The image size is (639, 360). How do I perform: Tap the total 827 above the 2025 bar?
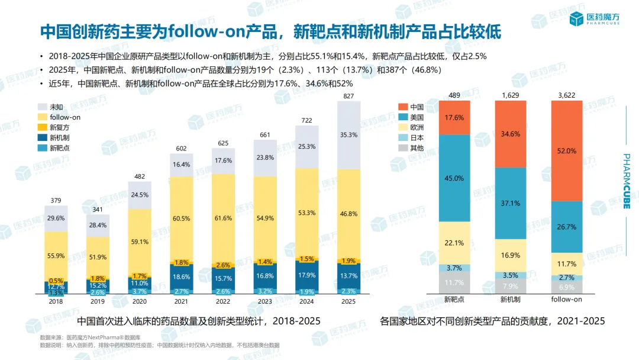[348, 96]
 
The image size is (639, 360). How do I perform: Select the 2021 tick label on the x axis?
[182, 300]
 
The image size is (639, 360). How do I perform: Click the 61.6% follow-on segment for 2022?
[224, 218]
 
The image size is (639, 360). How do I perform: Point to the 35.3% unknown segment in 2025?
[348, 135]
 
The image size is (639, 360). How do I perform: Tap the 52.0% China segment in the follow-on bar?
[567, 151]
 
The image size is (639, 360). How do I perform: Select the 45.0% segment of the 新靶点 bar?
[454, 178]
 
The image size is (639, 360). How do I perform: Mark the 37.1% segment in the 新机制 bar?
[510, 203]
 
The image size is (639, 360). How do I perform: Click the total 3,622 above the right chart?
[567, 95]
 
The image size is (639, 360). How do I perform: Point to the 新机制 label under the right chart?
[510, 300]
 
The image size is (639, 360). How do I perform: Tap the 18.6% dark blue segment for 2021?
[182, 277]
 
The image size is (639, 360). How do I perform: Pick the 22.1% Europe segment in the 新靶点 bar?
[454, 243]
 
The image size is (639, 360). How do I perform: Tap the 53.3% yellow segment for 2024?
[307, 213]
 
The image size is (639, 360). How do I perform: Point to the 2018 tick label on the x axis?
[56, 300]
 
